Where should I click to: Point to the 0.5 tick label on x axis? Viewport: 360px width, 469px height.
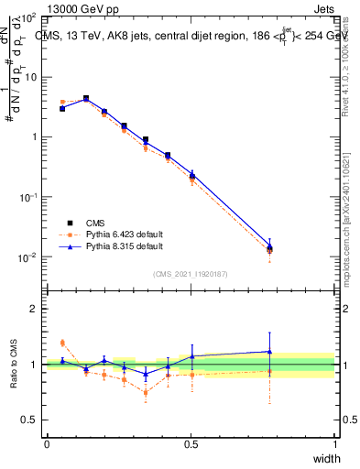pos(191,445)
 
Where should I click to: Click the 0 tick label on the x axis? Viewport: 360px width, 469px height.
pos(47,445)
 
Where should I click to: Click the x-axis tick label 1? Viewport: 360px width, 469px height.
pos(335,445)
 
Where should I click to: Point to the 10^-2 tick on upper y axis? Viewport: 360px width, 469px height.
pos(30,257)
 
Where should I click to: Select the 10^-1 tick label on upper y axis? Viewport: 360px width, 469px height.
pos(30,197)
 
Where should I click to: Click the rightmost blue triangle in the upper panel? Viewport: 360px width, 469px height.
pos(295,245)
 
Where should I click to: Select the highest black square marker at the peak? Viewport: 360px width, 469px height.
pos(86,98)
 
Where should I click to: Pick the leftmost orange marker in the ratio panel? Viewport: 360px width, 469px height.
pos(62,343)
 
